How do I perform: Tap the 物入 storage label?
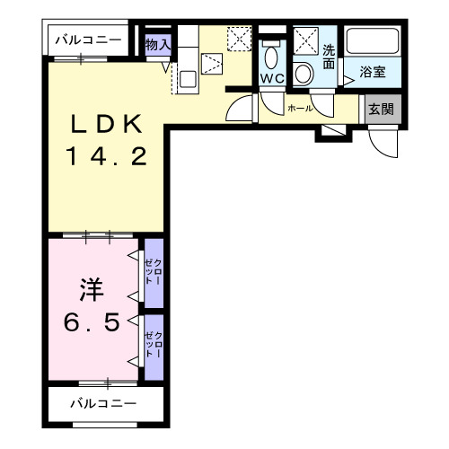tap(158, 43)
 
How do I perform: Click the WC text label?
tap(271, 79)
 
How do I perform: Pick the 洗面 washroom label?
tap(329, 58)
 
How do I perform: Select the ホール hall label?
tap(300, 108)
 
